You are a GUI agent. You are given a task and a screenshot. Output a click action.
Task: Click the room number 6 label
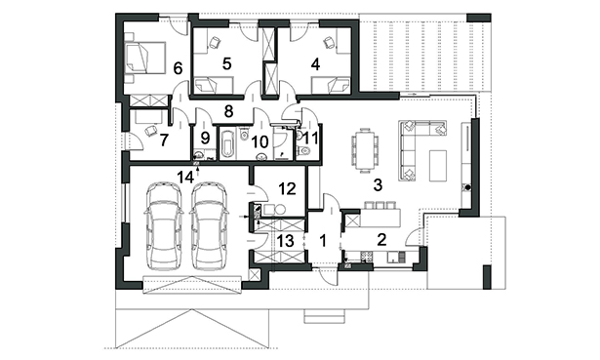178,68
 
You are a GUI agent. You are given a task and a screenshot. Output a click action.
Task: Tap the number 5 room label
227,63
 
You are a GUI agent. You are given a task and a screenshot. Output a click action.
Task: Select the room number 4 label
315,64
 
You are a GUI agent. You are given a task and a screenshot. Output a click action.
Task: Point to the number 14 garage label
185,177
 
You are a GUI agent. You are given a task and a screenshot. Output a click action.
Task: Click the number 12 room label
288,188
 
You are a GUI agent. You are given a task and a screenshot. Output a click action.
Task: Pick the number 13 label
286,241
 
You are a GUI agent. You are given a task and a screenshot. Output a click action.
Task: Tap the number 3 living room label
378,185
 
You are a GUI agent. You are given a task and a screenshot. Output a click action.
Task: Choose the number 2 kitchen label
381,240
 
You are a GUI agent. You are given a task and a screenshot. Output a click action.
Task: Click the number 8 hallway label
228,111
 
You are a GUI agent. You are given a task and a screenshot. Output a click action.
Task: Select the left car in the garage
164,226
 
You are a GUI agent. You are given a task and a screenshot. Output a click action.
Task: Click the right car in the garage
210,226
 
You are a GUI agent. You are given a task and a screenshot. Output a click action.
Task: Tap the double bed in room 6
145,57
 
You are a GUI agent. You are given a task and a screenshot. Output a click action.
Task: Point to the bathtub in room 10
227,143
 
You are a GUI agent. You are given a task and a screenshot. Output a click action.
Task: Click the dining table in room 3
365,151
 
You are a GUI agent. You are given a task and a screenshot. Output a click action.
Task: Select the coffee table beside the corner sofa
438,166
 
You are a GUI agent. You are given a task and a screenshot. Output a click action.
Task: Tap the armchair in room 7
150,130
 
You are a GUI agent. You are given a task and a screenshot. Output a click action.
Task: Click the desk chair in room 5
216,42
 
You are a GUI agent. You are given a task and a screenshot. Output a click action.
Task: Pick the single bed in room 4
331,85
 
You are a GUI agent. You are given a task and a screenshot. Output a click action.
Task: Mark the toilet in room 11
303,150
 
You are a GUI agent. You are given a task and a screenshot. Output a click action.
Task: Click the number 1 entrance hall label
323,241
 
